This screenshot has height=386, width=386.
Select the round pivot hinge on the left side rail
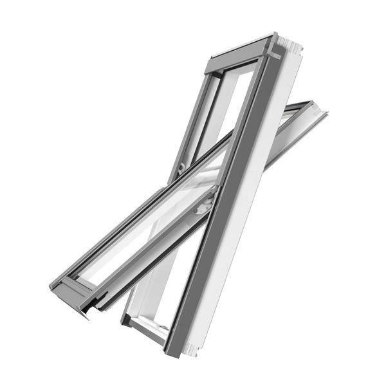pyautogui.click(x=182, y=167)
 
